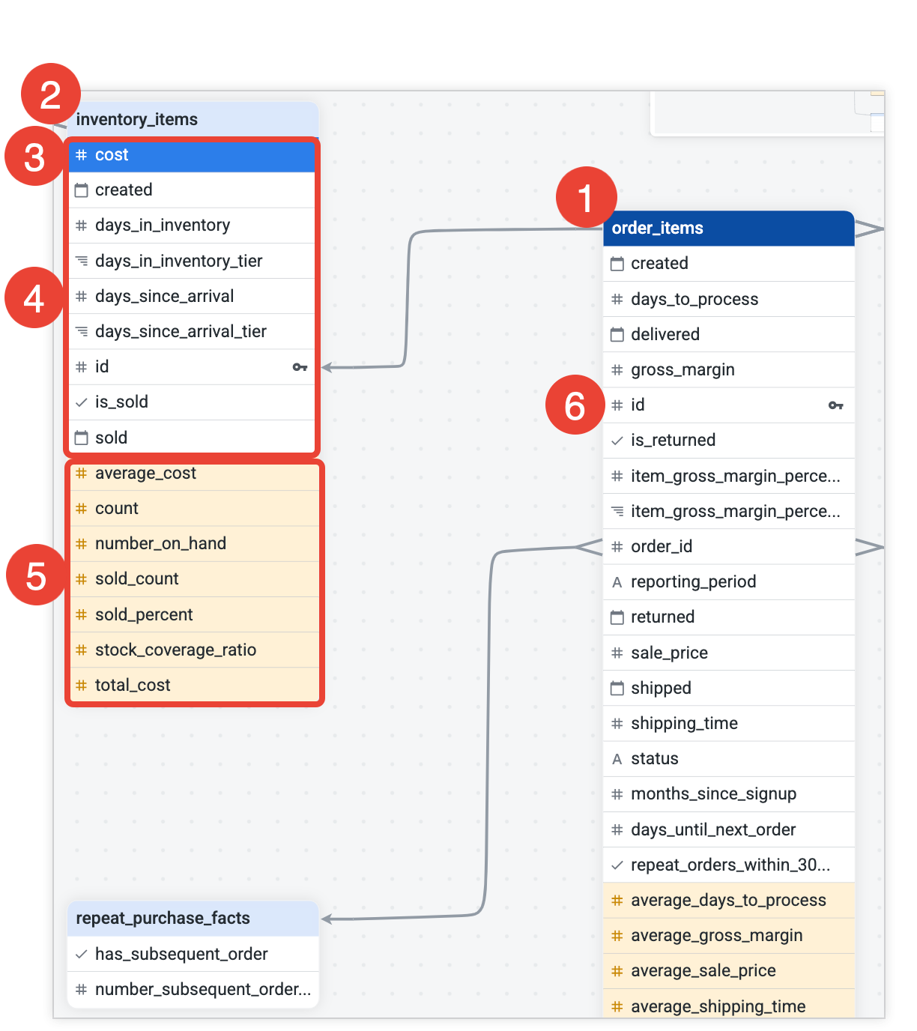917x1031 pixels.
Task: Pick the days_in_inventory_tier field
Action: [178, 261]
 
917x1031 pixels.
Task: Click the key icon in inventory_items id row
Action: [300, 367]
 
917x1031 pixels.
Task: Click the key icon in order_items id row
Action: [835, 405]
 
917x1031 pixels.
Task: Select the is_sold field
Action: [121, 402]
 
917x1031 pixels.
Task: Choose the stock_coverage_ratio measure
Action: [175, 650]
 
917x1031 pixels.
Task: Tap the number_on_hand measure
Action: [160, 543]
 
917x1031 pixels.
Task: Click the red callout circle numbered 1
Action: [586, 198]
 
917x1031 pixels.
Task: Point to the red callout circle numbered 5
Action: [36, 575]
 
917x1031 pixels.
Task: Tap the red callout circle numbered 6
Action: [575, 405]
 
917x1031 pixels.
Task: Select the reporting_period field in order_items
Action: [693, 581]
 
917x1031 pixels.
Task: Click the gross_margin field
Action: [683, 369]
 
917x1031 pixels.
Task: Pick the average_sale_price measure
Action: [703, 970]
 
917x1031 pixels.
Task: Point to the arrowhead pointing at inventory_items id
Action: [327, 367]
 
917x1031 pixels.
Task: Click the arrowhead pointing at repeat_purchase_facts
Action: [327, 919]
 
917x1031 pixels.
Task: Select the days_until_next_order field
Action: [712, 829]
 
